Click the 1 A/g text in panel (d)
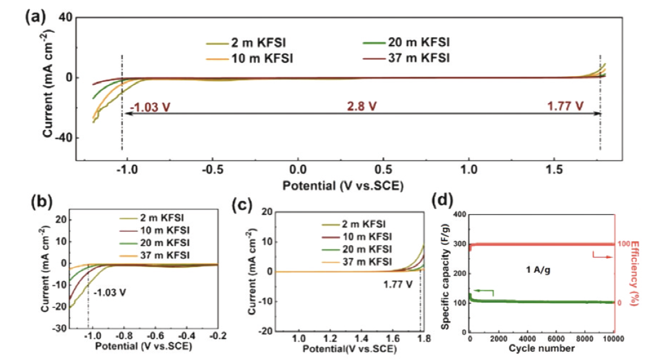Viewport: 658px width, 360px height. [x=535, y=270]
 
